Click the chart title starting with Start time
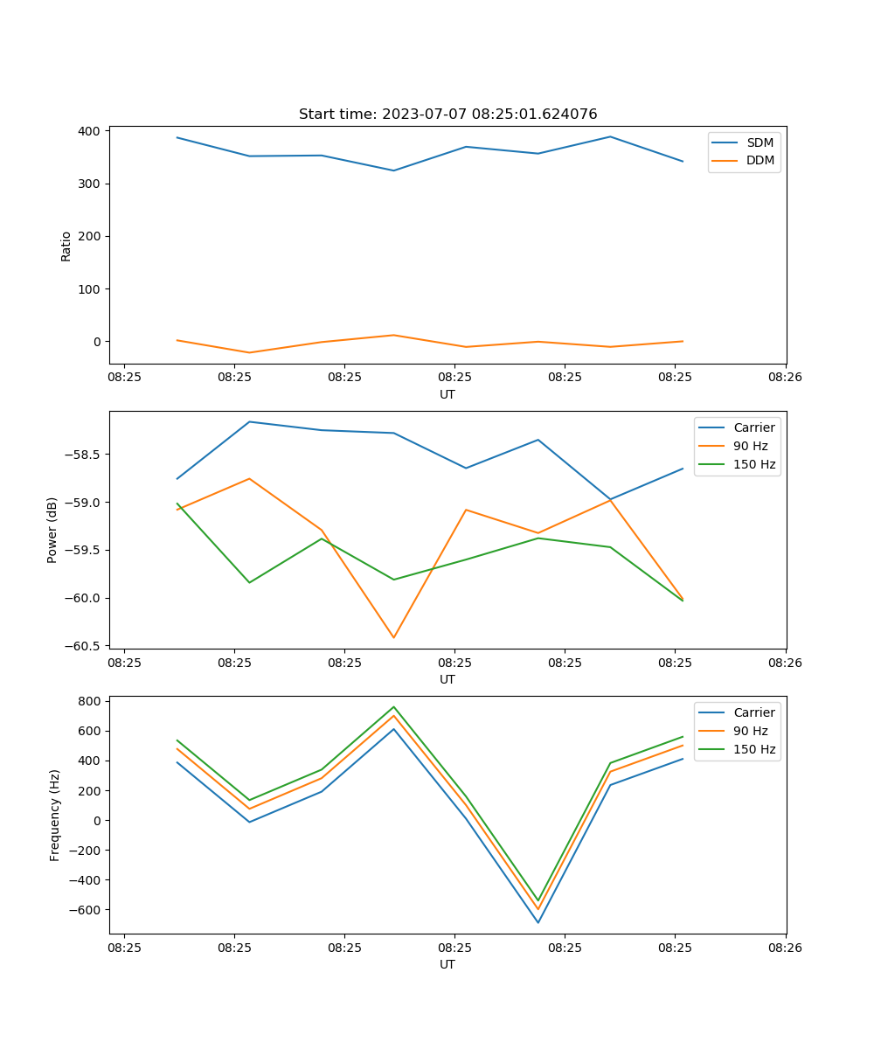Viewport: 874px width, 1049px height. click(447, 115)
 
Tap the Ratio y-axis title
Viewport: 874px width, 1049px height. click(66, 246)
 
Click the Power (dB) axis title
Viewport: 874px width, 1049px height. click(52, 530)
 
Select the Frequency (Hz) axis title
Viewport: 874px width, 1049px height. click(55, 815)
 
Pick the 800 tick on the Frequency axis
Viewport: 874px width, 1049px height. click(90, 701)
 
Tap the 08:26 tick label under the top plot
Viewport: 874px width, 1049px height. click(785, 377)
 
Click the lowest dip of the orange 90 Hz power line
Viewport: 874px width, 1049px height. click(393, 637)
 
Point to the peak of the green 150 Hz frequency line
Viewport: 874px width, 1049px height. click(393, 706)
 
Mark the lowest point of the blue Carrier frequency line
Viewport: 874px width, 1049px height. click(538, 922)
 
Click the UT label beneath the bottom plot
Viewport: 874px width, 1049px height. click(447, 964)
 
